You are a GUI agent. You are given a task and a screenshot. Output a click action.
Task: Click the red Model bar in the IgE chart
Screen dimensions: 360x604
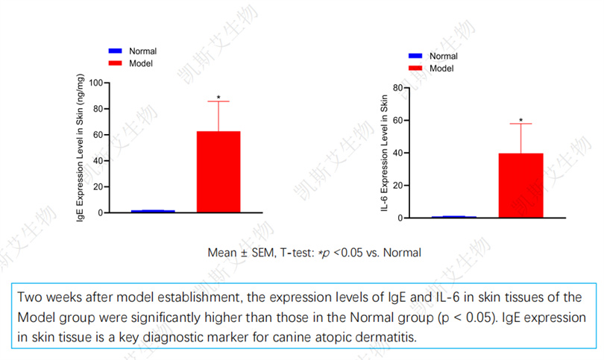point(218,172)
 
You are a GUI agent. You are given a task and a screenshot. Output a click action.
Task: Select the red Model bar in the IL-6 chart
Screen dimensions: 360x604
point(520,186)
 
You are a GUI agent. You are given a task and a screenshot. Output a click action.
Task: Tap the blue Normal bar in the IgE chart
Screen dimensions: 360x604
point(153,211)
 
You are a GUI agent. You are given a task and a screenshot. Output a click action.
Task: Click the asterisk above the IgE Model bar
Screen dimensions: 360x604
point(218,97)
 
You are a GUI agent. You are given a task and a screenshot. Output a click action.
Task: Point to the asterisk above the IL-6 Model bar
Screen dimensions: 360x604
point(520,120)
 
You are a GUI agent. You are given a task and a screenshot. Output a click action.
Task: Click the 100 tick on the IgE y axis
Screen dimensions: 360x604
point(95,82)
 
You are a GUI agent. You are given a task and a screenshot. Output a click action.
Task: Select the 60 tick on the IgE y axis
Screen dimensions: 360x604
point(98,134)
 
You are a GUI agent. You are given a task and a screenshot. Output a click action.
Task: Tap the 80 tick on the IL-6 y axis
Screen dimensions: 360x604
point(397,88)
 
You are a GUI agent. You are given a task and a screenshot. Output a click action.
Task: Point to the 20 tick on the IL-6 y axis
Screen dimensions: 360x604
point(397,186)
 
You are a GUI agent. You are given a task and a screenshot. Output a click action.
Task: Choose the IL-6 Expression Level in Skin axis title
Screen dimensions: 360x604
point(385,154)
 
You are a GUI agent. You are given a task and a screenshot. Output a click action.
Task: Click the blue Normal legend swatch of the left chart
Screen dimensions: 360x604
point(116,51)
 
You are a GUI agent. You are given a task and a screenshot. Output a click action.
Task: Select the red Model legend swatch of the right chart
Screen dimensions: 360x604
point(415,69)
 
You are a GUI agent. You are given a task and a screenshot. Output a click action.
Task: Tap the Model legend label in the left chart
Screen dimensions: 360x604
point(141,64)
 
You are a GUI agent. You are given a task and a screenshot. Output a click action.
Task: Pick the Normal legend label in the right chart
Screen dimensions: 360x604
point(444,56)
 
